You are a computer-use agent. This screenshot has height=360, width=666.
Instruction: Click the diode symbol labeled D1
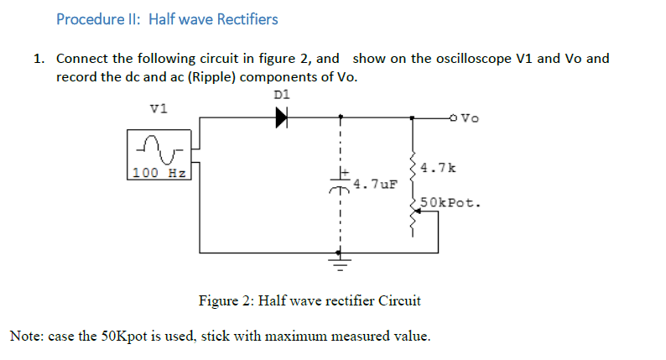[281, 117]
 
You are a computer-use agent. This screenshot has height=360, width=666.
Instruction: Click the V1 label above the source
[159, 107]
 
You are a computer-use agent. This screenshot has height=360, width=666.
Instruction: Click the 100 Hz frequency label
[159, 173]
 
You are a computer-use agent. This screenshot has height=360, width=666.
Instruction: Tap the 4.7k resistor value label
[439, 168]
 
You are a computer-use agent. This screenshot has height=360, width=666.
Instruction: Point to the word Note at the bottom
[25, 337]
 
